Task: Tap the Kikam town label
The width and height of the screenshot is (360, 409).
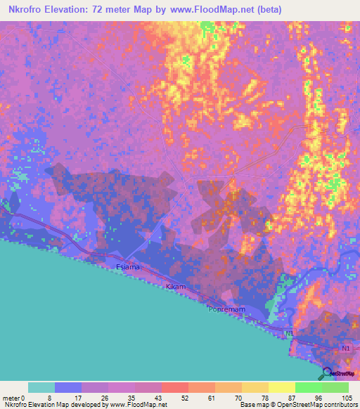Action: coord(175,287)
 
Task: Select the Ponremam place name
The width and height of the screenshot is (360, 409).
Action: coord(226,309)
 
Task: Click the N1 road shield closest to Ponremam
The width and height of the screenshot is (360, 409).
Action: coord(289,333)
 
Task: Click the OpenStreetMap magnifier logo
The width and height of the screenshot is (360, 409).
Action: coord(327,374)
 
